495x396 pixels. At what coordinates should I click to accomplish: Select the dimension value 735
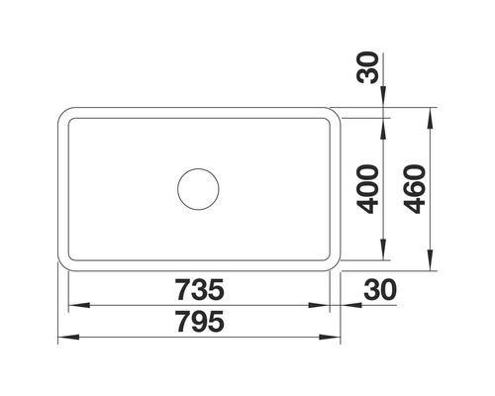(199, 290)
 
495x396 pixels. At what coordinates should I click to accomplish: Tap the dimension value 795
(200, 322)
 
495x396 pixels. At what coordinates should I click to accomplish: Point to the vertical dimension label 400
(368, 189)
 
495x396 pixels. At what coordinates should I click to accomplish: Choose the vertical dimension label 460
(415, 189)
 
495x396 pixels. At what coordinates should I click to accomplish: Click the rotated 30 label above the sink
(367, 67)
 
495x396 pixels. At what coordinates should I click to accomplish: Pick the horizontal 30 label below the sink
(380, 290)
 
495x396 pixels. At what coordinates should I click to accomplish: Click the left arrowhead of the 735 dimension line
(79, 305)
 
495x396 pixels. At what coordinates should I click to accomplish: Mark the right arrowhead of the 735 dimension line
(319, 305)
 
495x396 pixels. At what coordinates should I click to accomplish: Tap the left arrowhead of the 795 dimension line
(68, 338)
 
